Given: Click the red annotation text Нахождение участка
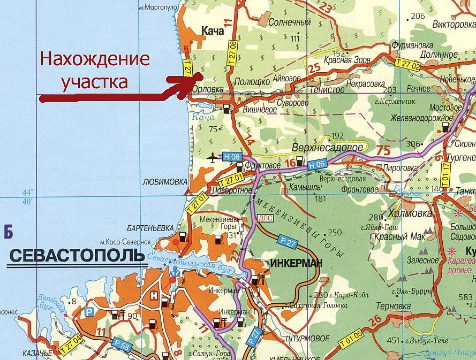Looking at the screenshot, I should [x=95, y=70].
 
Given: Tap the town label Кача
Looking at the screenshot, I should [x=212, y=32].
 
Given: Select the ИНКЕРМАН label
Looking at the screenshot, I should [x=297, y=263].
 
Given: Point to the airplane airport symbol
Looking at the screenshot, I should [x=213, y=157].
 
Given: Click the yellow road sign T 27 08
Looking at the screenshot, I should [x=233, y=52].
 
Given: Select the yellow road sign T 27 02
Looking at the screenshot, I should [x=408, y=63].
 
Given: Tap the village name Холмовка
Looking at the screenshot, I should [x=409, y=213].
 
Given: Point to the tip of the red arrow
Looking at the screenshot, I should [x=192, y=78].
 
